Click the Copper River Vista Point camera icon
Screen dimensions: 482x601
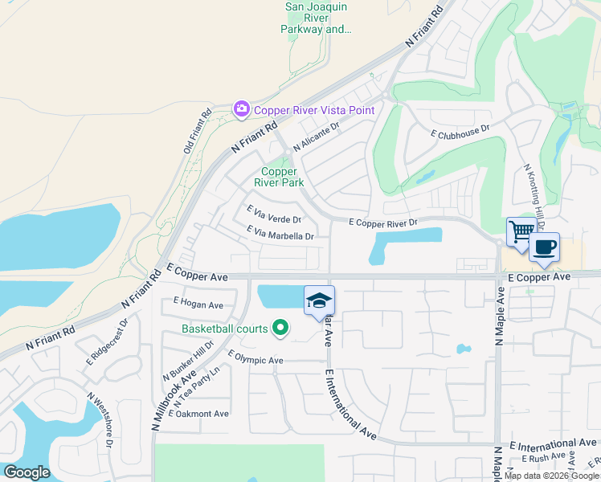pyautogui.click(x=241, y=109)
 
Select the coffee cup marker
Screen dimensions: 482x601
pyautogui.click(x=545, y=247)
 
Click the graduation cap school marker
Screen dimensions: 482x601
pyautogui.click(x=319, y=300)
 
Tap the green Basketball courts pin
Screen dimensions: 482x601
pyautogui.click(x=280, y=328)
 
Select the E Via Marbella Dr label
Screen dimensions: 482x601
pyautogui.click(x=280, y=234)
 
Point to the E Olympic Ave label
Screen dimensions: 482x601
pyautogui.click(x=256, y=358)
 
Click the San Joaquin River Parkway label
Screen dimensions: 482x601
pyautogui.click(x=318, y=18)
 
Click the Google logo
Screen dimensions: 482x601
pyautogui.click(x=27, y=472)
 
